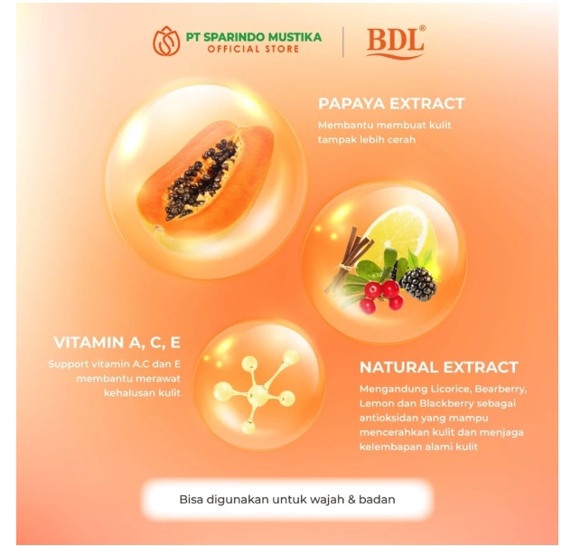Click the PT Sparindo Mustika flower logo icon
(x=166, y=41)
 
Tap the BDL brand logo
(x=396, y=42)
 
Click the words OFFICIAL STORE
(x=253, y=49)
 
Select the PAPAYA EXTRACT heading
(x=391, y=103)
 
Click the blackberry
(x=417, y=283)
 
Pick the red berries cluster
(x=379, y=294)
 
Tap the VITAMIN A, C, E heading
(x=117, y=343)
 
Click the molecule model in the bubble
(x=258, y=391)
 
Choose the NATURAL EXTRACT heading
(x=439, y=367)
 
